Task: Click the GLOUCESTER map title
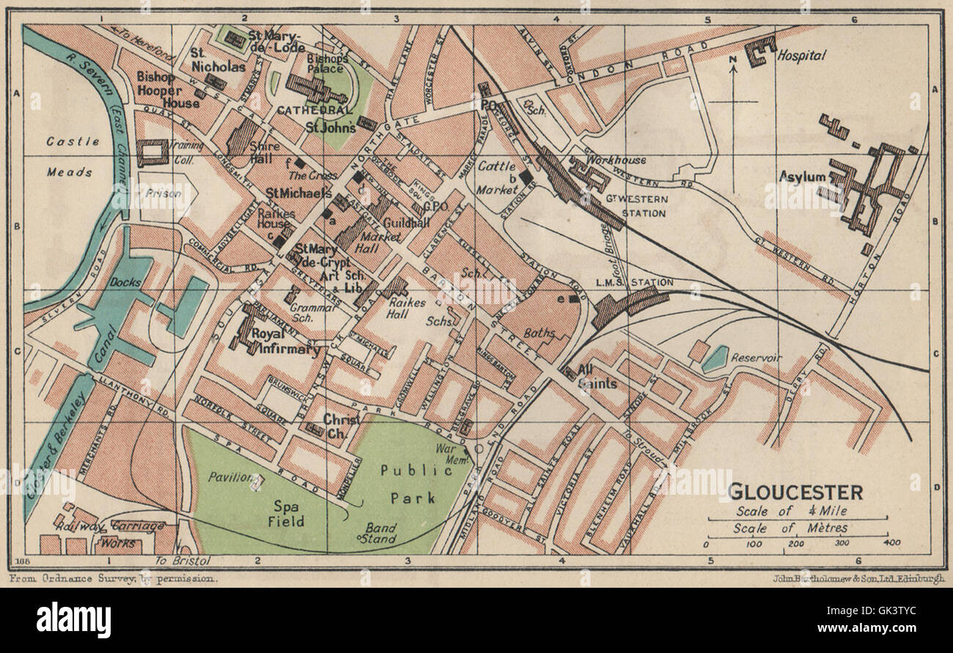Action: (x=794, y=492)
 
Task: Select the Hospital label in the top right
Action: (x=801, y=55)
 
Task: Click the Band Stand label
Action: (x=380, y=533)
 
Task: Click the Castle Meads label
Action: (x=70, y=157)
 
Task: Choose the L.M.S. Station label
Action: (x=635, y=282)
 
